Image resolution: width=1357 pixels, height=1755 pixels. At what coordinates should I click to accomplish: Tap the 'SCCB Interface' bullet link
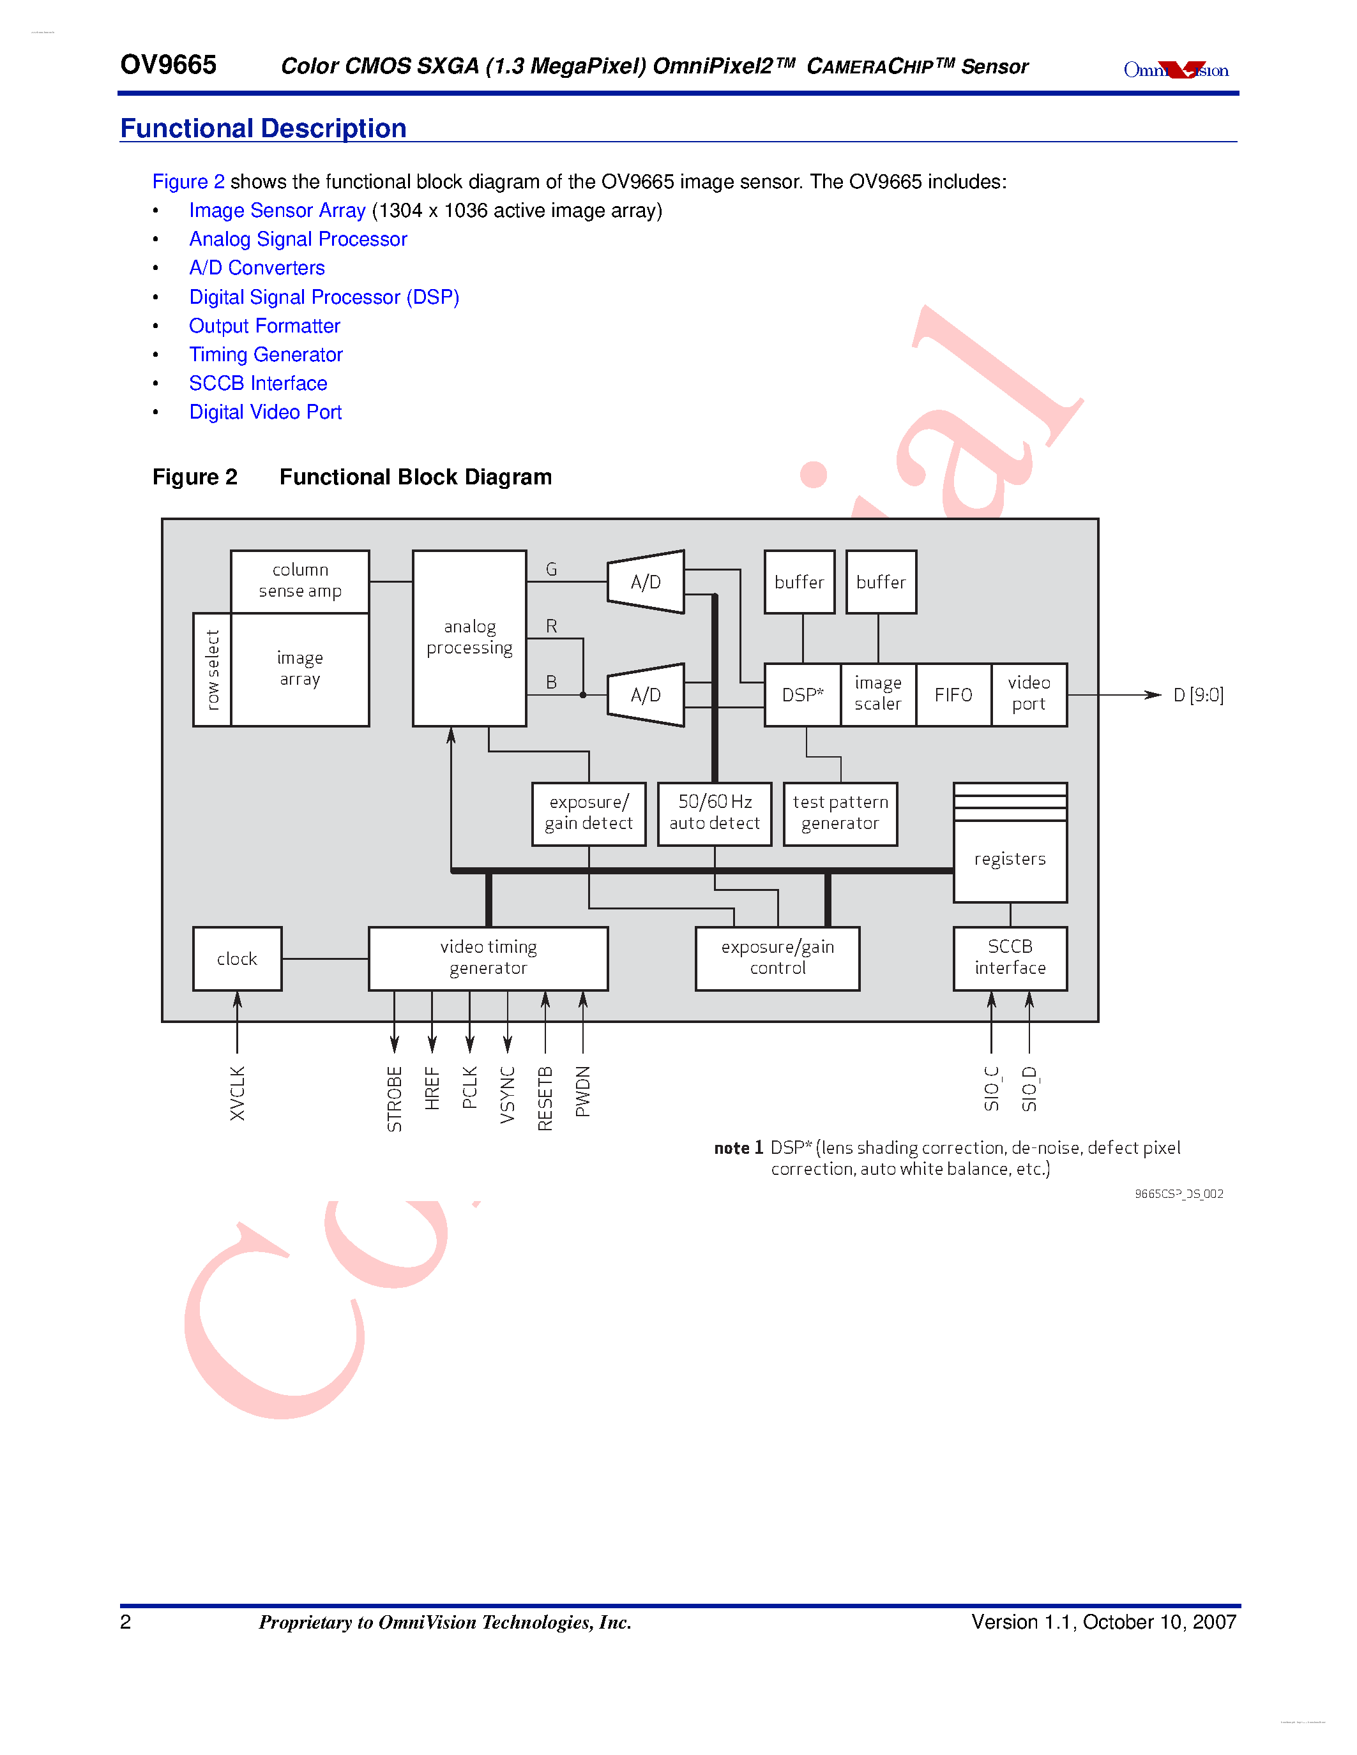(x=258, y=384)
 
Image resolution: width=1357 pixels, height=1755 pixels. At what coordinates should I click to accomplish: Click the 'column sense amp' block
(x=300, y=581)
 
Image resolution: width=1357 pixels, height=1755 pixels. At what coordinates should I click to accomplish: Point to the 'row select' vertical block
(x=212, y=670)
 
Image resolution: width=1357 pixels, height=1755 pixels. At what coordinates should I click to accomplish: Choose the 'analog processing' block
(x=469, y=638)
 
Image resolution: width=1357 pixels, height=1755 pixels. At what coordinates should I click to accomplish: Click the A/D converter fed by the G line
(x=646, y=582)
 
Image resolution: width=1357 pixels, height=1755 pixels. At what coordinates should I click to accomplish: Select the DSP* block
(x=802, y=695)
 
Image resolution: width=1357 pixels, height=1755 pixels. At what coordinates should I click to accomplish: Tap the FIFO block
(x=953, y=695)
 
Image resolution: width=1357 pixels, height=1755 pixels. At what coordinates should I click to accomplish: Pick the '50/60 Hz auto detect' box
(x=714, y=813)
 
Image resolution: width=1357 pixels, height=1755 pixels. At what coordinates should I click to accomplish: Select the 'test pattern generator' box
(x=840, y=813)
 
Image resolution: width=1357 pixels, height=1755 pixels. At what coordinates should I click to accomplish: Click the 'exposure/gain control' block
(x=777, y=958)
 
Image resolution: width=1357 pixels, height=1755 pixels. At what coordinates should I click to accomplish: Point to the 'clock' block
(x=237, y=959)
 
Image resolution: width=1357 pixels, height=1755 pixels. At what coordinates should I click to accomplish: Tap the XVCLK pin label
(x=237, y=1093)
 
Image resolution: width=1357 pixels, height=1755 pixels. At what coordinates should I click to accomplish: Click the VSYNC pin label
(x=507, y=1094)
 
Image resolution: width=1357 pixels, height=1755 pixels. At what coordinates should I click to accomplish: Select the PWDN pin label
(x=583, y=1091)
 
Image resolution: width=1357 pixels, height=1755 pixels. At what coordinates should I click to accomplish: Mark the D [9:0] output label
(x=1198, y=695)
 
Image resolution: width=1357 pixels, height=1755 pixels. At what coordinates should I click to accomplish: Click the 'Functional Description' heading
(x=263, y=128)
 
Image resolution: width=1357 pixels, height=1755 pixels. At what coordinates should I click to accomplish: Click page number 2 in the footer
(x=125, y=1622)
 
